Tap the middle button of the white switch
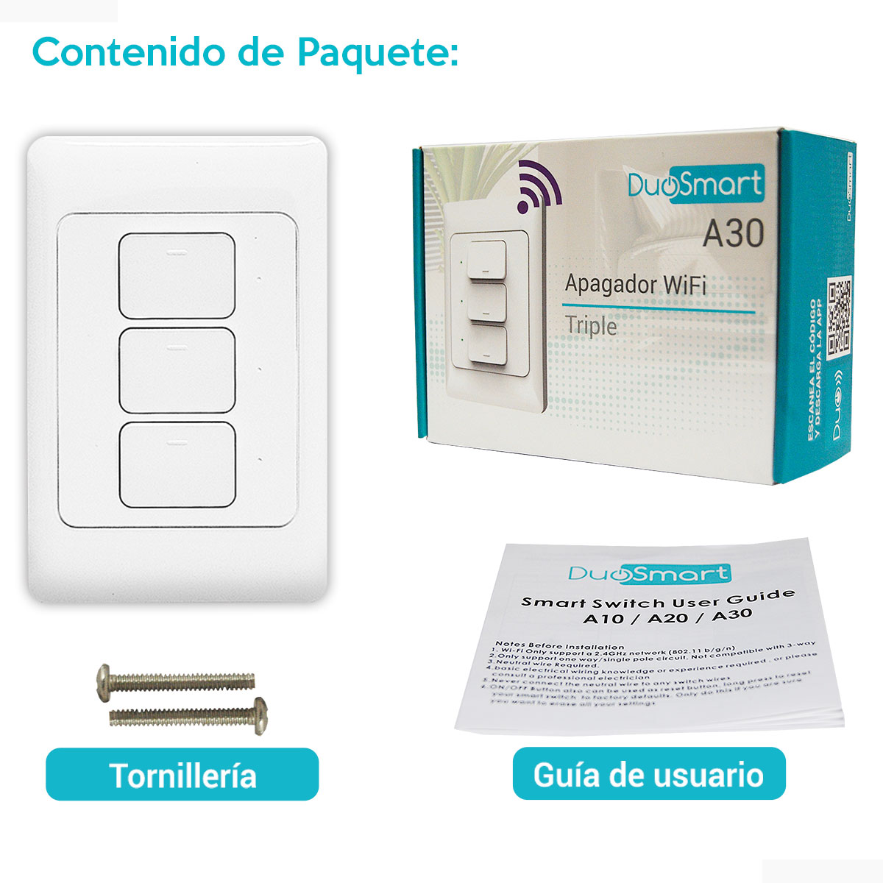coord(177,370)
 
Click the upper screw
coord(176,681)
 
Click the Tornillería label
coord(182,775)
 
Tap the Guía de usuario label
coord(648,774)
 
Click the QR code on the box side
coord(839,318)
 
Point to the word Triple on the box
coord(591,326)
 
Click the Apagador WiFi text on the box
coord(635,284)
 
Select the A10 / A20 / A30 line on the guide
coord(667,617)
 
